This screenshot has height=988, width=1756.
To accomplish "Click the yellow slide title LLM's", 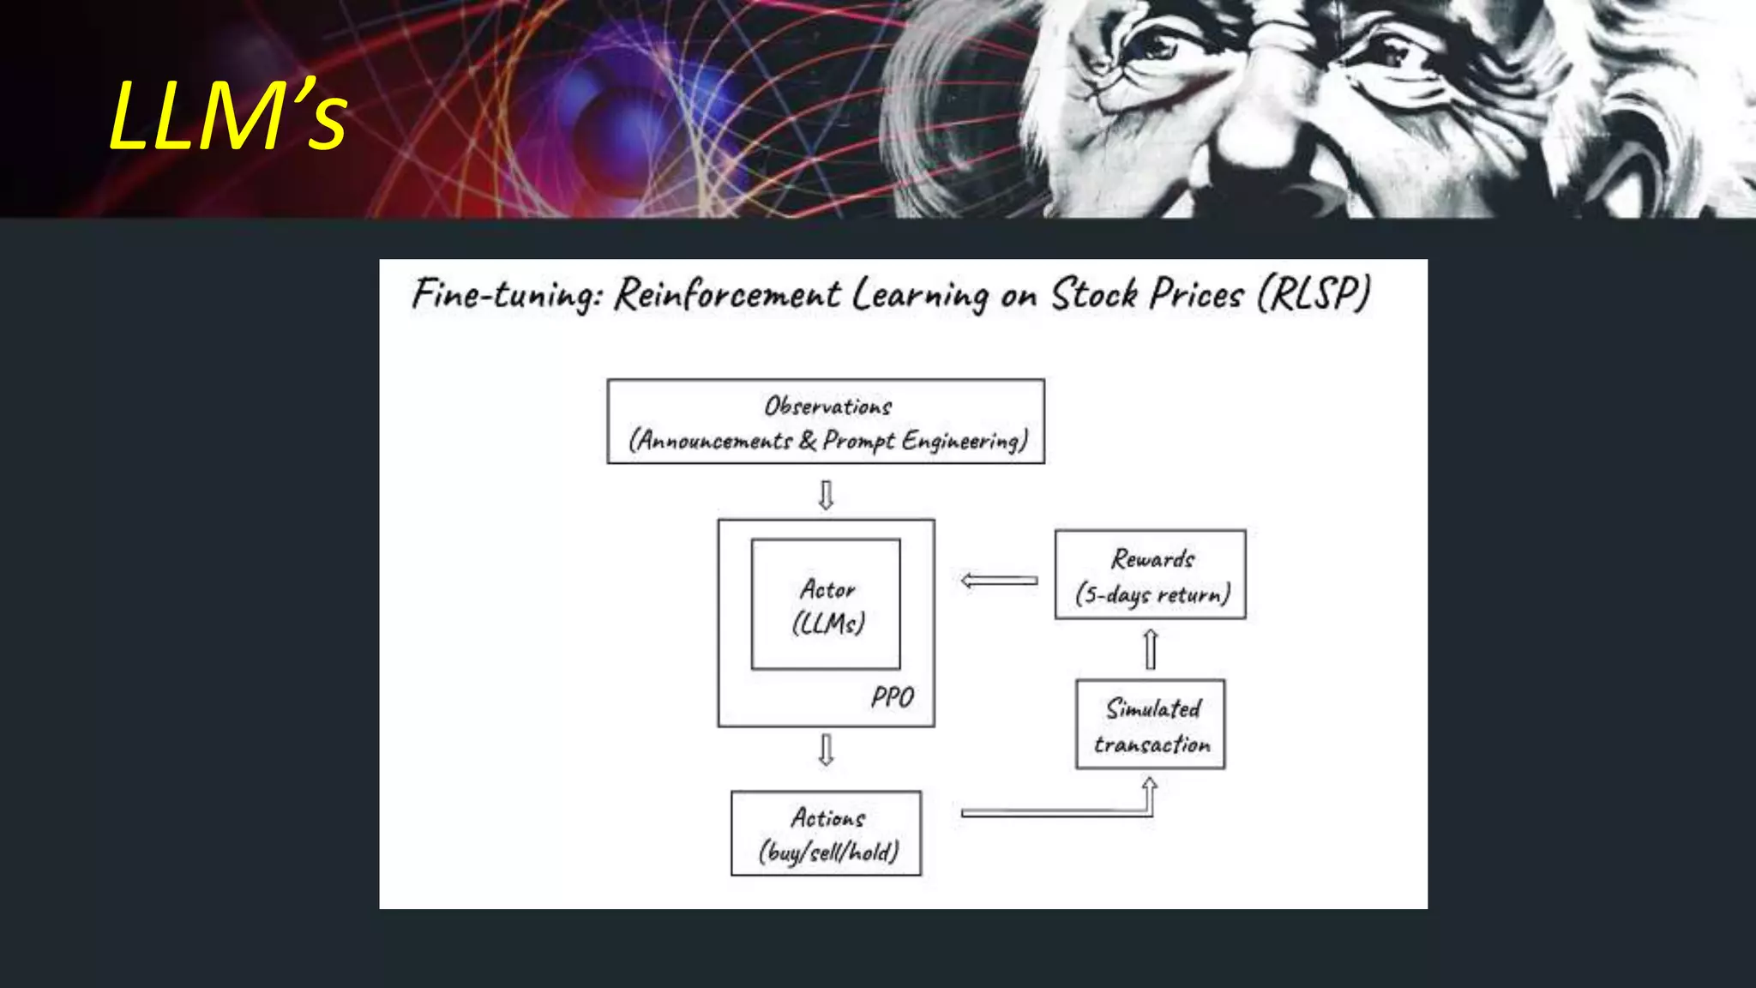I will click(x=228, y=116).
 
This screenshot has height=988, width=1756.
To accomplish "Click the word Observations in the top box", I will click(x=827, y=406).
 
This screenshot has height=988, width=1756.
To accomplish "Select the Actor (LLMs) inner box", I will click(x=826, y=605).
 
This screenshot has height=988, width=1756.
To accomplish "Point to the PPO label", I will click(x=892, y=697).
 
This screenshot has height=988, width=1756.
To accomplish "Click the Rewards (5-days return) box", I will click(x=1150, y=575).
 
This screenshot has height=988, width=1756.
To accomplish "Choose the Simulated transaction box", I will click(x=1150, y=725).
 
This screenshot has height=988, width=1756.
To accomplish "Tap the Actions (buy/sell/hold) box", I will click(x=826, y=833).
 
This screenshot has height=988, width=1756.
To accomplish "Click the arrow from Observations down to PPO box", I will click(x=826, y=495).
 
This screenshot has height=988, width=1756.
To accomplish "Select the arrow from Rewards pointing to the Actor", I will click(x=999, y=581).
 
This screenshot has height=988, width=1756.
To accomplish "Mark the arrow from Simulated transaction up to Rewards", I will click(x=1151, y=648).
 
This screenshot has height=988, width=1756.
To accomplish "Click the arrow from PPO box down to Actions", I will click(x=826, y=749).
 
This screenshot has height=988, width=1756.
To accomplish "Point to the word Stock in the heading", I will click(x=1094, y=294).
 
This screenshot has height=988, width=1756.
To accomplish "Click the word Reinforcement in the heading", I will click(x=727, y=294).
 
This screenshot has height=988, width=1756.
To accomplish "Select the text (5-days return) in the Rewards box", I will click(x=1152, y=593).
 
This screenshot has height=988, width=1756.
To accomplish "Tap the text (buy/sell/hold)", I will click(x=828, y=852).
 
